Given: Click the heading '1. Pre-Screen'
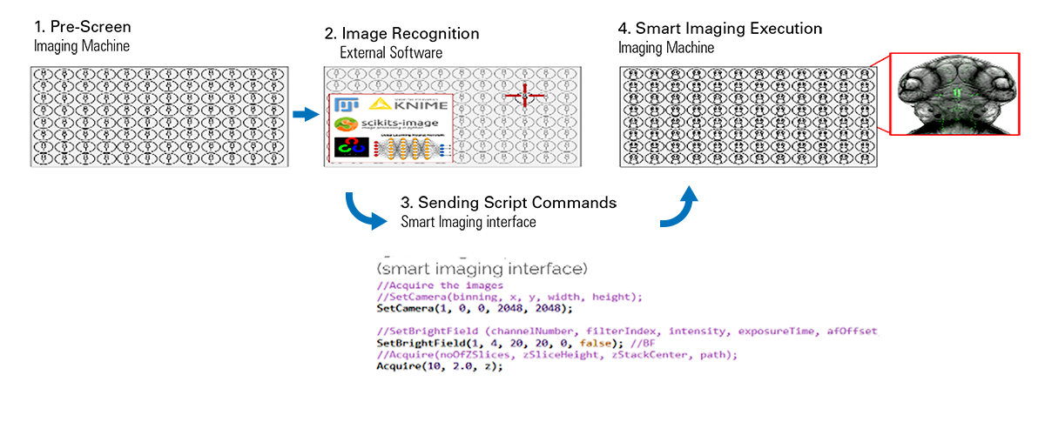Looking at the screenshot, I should tap(82, 28).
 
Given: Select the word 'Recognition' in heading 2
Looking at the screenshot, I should tap(435, 34).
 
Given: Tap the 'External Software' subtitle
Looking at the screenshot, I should tap(391, 53).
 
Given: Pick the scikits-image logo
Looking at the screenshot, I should tap(379, 124).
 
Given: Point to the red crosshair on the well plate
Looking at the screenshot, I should tap(524, 96).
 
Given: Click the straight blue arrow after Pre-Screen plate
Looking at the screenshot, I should tap(303, 114).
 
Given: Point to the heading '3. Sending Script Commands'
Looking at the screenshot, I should tap(509, 203).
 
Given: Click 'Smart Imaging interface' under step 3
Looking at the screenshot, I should tap(469, 222).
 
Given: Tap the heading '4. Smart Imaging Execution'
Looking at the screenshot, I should tap(720, 29).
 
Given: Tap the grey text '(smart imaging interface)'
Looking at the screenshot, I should tap(482, 265).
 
